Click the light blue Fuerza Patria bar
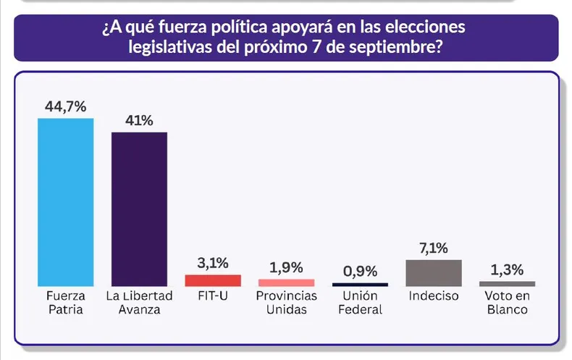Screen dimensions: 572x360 [66, 202]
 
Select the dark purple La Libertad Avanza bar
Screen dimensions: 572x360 [139, 209]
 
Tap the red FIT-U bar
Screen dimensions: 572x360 [213, 280]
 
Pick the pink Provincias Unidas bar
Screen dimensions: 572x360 [287, 282]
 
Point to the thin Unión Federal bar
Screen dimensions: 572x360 [360, 285]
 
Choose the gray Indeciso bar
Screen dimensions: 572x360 [434, 273]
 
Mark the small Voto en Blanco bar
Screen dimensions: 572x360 [507, 284]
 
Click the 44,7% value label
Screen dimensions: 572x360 [66, 106]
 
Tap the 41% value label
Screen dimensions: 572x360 [139, 120]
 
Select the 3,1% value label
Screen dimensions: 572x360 [213, 263]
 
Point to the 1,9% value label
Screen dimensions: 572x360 [287, 267]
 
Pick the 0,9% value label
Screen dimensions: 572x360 [360, 272]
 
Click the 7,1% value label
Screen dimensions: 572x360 [434, 248]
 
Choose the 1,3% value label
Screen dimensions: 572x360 [507, 269]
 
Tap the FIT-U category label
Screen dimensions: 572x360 [213, 296]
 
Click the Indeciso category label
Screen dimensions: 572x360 [434, 296]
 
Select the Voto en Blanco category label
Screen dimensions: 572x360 [508, 303]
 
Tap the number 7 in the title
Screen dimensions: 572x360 [316, 48]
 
